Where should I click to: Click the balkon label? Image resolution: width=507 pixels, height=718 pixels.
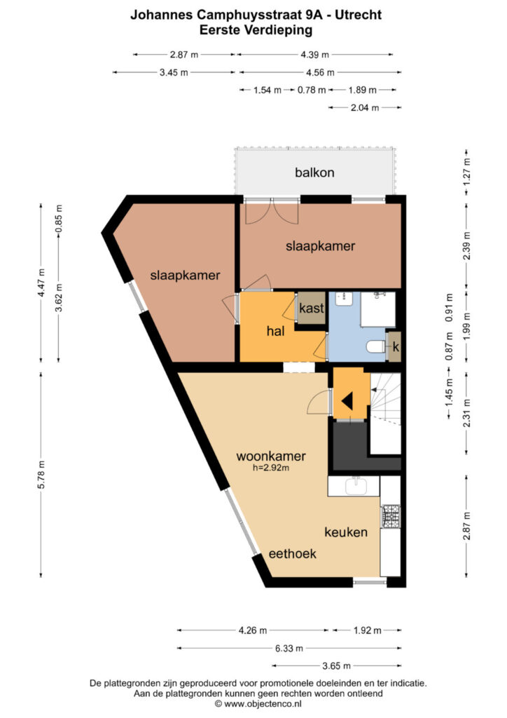314,172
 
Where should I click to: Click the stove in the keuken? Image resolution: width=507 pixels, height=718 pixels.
391,516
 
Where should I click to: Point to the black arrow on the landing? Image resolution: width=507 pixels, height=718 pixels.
347,402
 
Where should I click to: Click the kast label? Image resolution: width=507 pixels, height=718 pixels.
312,309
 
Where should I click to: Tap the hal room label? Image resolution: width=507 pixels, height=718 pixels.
276,331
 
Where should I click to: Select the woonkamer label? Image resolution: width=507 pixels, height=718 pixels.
271,456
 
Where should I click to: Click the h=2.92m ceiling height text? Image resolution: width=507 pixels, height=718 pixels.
271,468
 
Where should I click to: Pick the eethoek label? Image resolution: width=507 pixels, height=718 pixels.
293,554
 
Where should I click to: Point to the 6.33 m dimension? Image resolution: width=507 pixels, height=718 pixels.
289,648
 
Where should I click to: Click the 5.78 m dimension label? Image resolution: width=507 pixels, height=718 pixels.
41,474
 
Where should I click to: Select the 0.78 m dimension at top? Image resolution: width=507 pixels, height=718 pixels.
312,90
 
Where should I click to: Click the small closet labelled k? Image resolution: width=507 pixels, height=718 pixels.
394,346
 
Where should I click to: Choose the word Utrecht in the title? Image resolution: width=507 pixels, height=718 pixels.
359,15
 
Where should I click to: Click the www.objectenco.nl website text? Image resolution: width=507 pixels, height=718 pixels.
263,704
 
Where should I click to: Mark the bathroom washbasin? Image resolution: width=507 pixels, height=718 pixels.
343,299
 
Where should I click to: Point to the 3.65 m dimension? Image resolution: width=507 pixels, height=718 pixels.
336,666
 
